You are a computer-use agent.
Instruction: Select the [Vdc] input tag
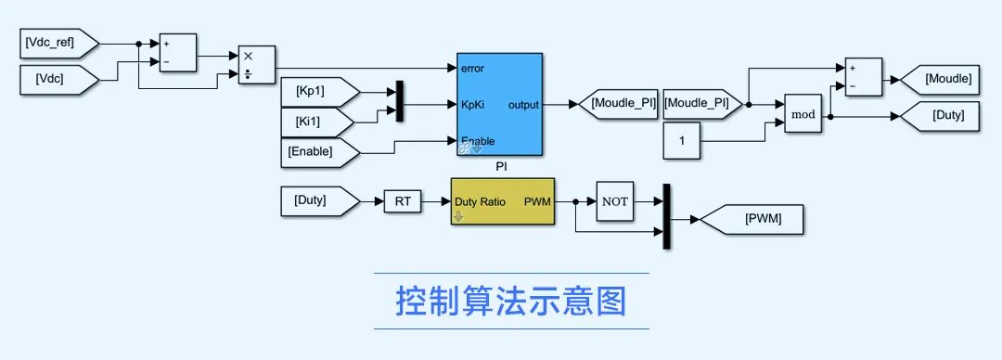pos(59,80)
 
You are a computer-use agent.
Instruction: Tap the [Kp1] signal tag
pos(320,92)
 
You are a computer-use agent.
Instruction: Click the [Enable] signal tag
pos(320,152)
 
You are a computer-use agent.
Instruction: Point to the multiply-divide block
pos(257,65)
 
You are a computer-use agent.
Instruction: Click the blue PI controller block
pos(500,104)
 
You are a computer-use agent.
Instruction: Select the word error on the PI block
pos(472,69)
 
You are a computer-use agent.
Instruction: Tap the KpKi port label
pos(472,104)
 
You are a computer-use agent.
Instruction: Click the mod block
pos(803,115)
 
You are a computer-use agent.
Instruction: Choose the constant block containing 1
pos(681,141)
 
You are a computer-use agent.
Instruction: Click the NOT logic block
pos(615,201)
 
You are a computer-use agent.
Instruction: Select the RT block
pos(403,202)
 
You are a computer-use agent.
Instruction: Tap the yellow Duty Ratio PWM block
pos(503,201)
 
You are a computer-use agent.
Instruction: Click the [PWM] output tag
pos(751,219)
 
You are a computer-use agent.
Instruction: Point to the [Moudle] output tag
pos(939,80)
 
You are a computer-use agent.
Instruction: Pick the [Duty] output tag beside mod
pos(939,116)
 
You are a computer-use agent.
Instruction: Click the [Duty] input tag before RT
pos(320,201)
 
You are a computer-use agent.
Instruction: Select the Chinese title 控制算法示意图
pos(510,302)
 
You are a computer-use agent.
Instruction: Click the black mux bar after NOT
pos(666,216)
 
